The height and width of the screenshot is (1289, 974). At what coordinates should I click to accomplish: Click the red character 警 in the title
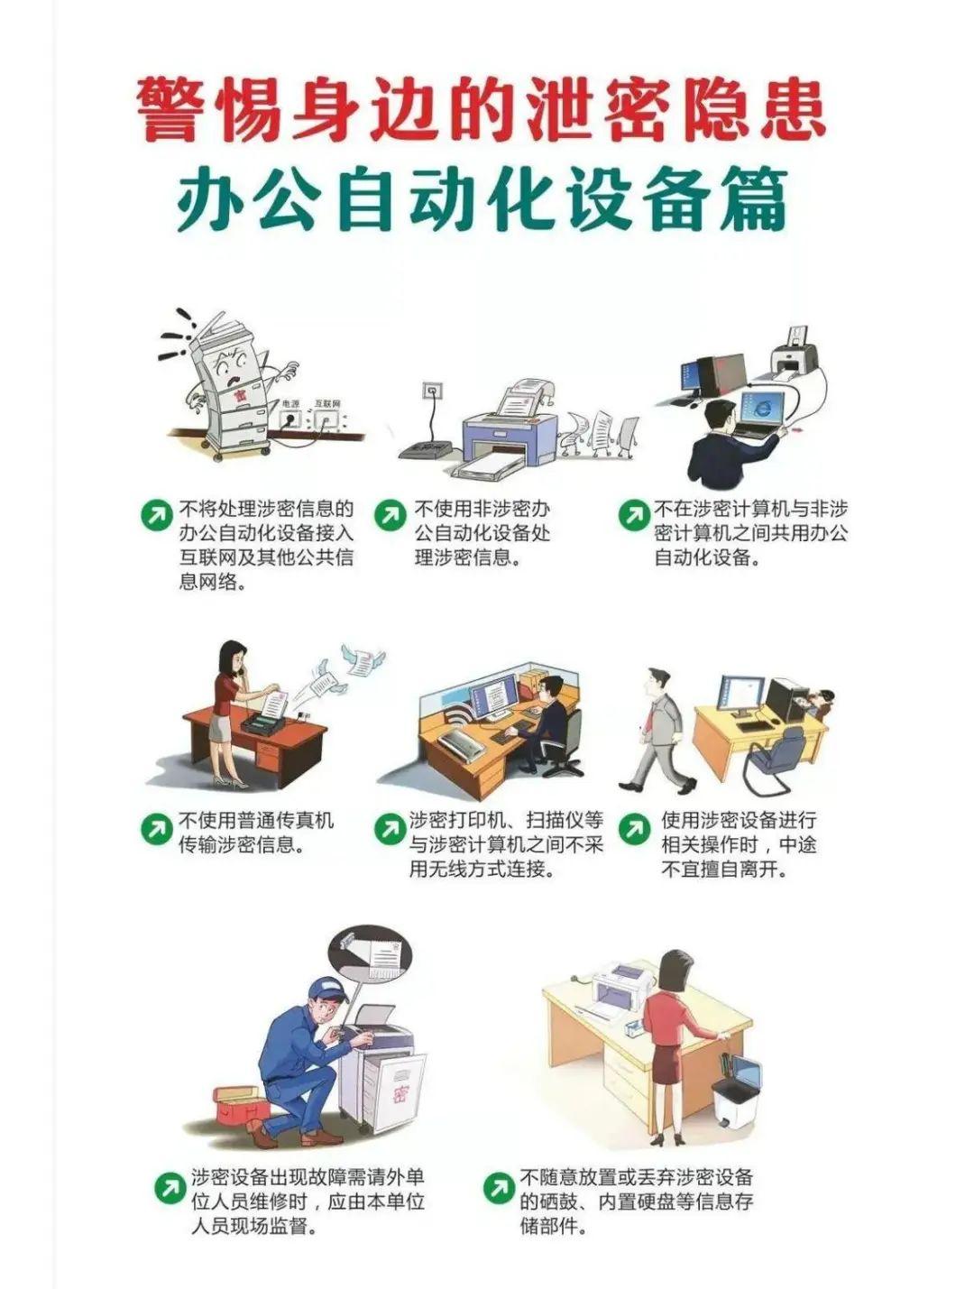click(x=168, y=110)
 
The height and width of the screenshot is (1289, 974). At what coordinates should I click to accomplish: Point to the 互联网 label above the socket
click(x=327, y=403)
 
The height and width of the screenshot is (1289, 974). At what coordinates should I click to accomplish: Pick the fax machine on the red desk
click(x=265, y=720)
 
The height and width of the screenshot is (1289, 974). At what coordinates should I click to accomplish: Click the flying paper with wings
click(x=363, y=659)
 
